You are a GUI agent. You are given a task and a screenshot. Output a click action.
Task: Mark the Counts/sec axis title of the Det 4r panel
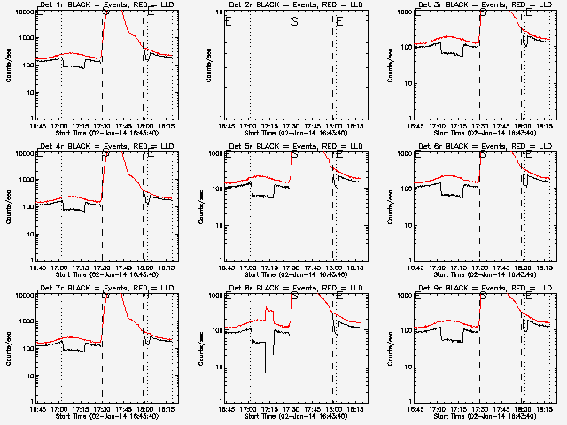(7, 206)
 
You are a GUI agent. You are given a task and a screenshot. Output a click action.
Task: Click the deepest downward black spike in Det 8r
(264, 372)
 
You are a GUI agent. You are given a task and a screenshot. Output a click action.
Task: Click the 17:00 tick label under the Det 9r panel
(439, 410)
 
